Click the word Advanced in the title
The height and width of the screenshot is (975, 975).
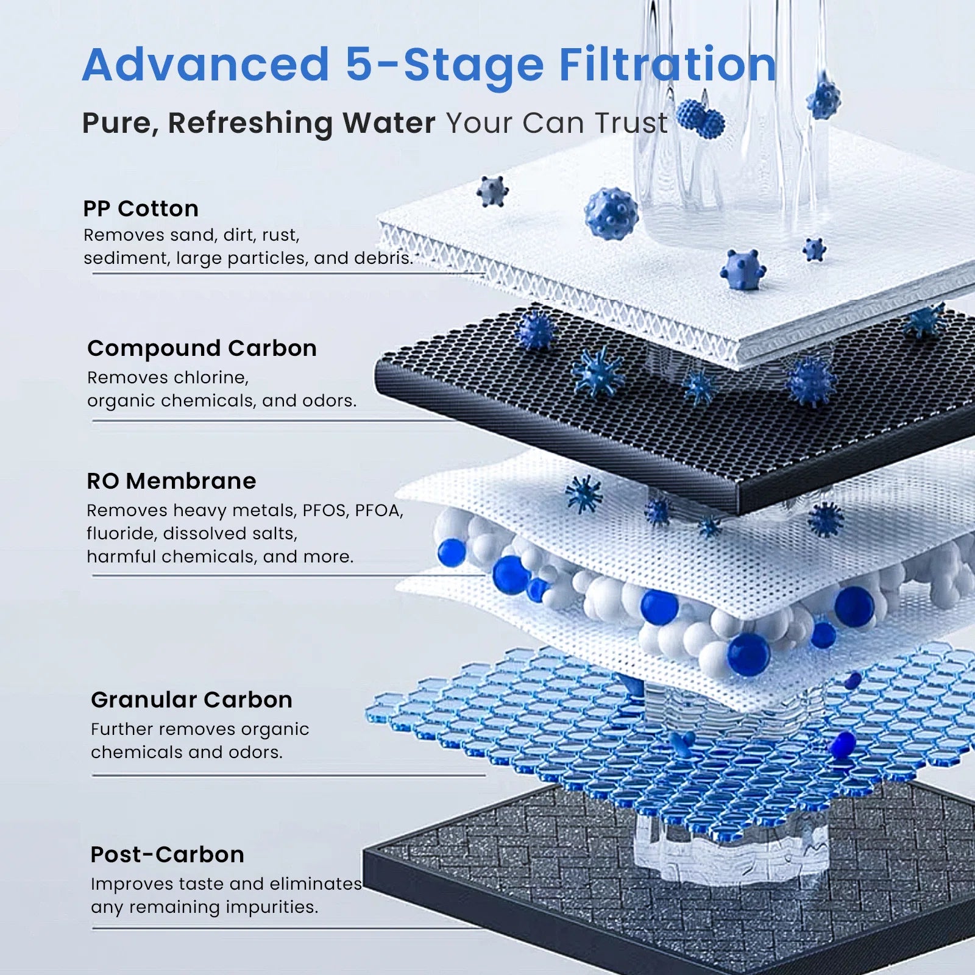[206, 64]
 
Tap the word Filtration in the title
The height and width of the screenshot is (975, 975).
[668, 64]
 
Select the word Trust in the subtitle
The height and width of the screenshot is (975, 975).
[631, 122]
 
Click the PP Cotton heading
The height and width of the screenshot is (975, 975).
[141, 209]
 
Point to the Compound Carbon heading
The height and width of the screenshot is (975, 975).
[202, 349]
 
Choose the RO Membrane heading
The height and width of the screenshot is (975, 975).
[171, 481]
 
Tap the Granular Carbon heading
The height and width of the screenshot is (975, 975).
[191, 700]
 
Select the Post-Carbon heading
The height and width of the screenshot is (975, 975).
[167, 854]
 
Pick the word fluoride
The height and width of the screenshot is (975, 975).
[121, 533]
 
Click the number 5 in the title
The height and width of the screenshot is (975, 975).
[358, 64]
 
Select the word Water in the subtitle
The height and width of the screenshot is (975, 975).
[389, 122]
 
